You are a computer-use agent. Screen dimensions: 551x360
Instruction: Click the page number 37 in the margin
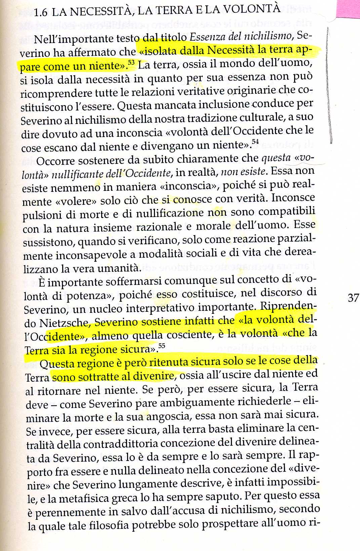click(353, 298)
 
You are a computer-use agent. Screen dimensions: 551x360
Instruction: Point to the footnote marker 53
click(131, 63)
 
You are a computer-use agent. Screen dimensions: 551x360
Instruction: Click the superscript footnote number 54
click(255, 142)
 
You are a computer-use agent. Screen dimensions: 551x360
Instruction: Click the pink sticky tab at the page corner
click(348, 8)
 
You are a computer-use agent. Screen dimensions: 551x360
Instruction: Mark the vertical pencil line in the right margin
click(329, 84)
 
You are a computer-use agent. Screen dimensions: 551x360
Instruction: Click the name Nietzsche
click(64, 323)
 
